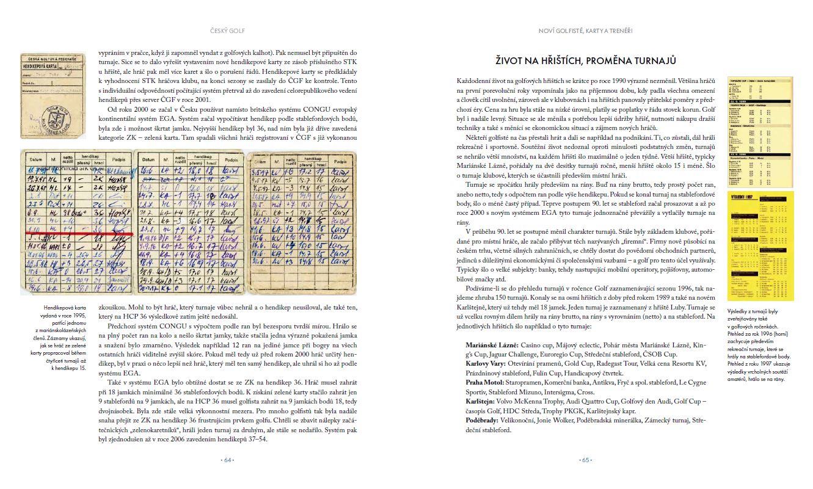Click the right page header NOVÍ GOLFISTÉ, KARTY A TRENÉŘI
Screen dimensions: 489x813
pyautogui.click(x=585, y=31)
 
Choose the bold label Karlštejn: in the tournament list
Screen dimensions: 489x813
pyautogui.click(x=483, y=401)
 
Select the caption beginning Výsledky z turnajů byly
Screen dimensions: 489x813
pyautogui.click(x=752, y=345)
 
